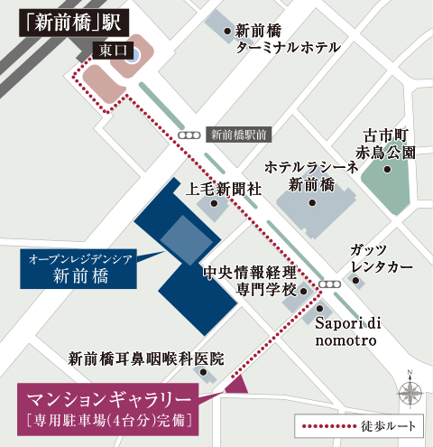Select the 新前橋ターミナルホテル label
click(x=288, y=38)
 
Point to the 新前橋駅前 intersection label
click(x=238, y=135)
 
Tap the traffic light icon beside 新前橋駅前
click(x=189, y=135)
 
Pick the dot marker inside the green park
click(x=387, y=168)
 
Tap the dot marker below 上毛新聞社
click(x=214, y=203)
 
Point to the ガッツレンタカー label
click(x=382, y=260)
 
